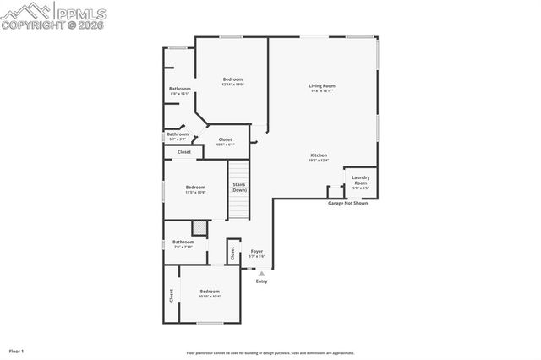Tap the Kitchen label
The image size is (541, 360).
(x=319, y=158)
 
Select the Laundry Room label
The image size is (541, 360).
(x=360, y=182)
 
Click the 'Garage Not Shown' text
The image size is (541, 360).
(x=347, y=204)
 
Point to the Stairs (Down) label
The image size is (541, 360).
(x=239, y=188)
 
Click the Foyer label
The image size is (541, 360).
(x=257, y=253)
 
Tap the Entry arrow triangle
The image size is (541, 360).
(x=261, y=273)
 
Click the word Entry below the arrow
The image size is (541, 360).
(x=261, y=281)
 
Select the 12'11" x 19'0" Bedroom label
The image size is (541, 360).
(x=232, y=82)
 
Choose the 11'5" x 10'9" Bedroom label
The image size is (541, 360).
(x=195, y=189)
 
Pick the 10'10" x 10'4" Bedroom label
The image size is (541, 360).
(x=209, y=293)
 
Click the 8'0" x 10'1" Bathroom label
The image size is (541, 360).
(x=179, y=91)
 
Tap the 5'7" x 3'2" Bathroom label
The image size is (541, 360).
(x=178, y=135)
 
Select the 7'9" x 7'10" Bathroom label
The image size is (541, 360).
(x=183, y=244)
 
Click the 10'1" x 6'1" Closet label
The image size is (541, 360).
(x=225, y=142)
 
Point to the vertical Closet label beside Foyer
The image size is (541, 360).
(x=232, y=253)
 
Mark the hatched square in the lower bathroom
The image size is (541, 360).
(x=199, y=227)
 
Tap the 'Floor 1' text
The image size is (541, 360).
(x=17, y=350)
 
